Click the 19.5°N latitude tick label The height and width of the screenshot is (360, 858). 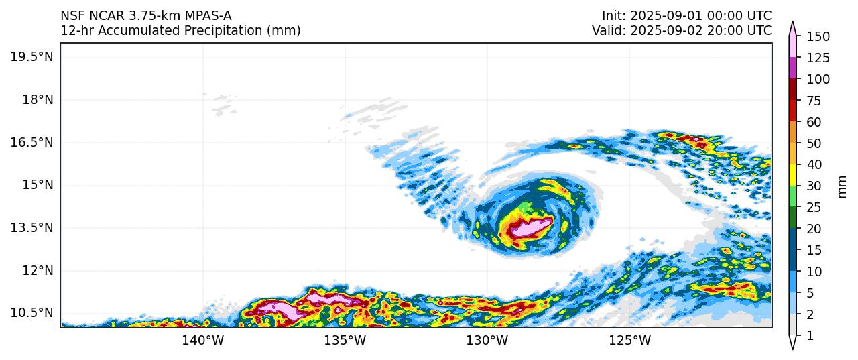(31, 56)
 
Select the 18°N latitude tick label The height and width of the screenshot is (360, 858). (36, 99)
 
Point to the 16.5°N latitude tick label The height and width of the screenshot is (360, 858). (31, 142)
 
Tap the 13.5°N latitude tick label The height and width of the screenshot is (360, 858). (31, 228)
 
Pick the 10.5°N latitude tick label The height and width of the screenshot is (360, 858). (31, 313)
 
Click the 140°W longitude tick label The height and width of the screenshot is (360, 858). (202, 341)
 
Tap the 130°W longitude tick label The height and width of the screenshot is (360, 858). (487, 341)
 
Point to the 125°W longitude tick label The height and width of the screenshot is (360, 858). (629, 341)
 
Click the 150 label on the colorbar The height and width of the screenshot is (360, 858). (818, 36)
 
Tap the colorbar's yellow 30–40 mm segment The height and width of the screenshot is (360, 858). (792, 175)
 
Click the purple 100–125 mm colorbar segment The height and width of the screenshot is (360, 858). (792, 68)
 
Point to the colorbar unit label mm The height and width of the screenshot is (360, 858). (843, 186)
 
